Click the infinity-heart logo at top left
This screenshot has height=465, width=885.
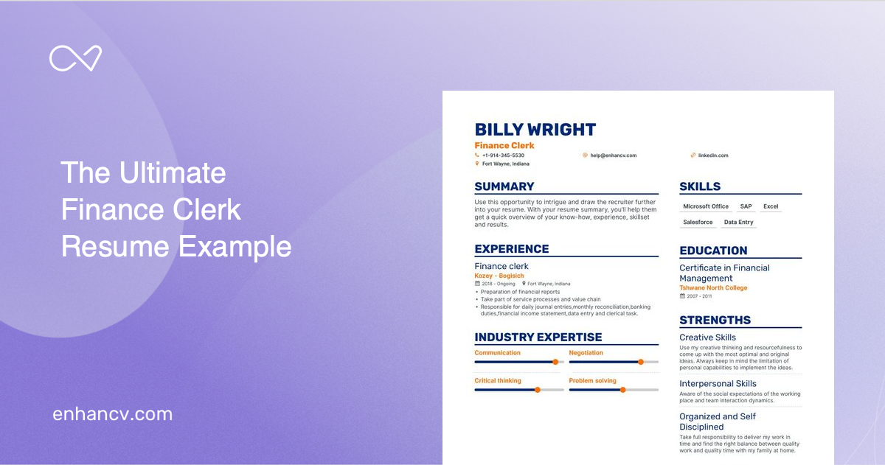pos(75,59)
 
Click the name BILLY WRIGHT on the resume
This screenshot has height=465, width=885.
pos(535,130)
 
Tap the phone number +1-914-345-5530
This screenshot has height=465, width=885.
pos(503,155)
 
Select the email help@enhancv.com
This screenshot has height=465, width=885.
pos(613,155)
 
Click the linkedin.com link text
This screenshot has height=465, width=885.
pos(713,155)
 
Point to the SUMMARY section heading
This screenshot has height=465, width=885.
pos(504,186)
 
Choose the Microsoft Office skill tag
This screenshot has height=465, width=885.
pos(705,206)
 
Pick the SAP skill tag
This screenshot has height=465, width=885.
pos(746,206)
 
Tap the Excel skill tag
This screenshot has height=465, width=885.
pos(771,206)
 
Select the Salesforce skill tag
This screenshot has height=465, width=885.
pos(698,222)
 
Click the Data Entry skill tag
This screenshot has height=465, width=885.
pos(738,222)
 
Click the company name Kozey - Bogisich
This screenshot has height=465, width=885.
pos(499,276)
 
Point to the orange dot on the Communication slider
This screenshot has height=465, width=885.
pos(555,362)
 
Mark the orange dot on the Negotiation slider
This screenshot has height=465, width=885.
pos(640,362)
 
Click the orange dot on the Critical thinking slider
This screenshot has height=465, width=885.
pos(537,389)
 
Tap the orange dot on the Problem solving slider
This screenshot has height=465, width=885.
pos(622,389)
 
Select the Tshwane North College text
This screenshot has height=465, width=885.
pos(713,288)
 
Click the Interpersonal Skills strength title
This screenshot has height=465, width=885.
pos(718,383)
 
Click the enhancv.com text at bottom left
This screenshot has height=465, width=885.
pos(112,414)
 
